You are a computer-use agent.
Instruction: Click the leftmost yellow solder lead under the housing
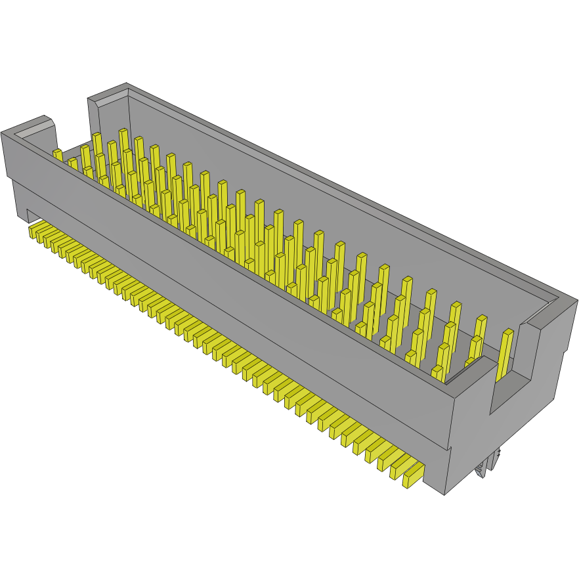pyautogui.click(x=34, y=231)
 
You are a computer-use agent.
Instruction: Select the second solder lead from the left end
pyautogui.click(x=41, y=235)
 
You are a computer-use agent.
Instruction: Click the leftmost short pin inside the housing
pyautogui.click(x=58, y=155)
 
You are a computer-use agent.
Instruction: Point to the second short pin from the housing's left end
pyautogui.click(x=73, y=163)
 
